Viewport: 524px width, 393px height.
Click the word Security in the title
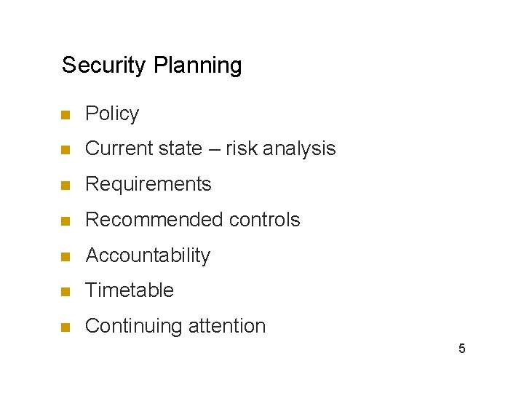click(105, 65)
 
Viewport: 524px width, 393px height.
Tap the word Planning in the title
click(198, 65)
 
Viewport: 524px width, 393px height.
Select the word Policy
click(112, 114)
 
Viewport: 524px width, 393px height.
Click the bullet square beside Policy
click(65, 115)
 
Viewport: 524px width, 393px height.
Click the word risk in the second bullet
click(242, 148)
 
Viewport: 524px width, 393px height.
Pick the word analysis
click(299, 149)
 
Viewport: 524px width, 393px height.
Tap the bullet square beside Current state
click(65, 150)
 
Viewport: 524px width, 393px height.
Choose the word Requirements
click(148, 184)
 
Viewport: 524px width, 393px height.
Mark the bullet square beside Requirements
click(65, 186)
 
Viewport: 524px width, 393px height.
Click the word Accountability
click(148, 255)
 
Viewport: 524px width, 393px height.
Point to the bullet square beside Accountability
click(65, 256)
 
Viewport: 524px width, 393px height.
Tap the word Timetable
click(130, 290)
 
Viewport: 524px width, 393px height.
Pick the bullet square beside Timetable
click(65, 292)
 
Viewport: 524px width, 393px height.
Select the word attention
click(227, 326)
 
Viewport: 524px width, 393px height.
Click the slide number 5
click(461, 349)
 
